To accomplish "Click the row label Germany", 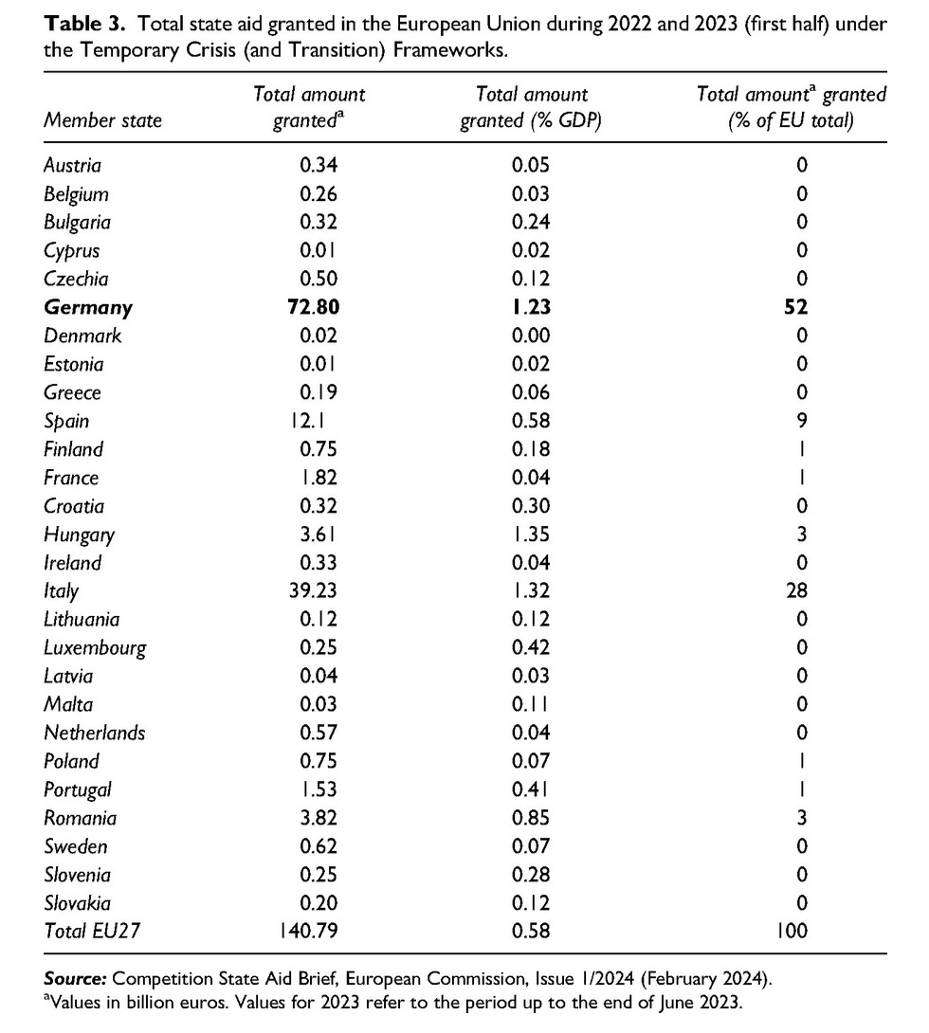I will (88, 307).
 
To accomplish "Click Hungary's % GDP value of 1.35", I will (531, 535).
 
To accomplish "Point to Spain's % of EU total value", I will (802, 421).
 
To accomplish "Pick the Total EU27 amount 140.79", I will (307, 931).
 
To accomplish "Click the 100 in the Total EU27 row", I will (790, 931).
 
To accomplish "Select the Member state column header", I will (102, 120).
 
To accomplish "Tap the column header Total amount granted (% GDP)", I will (531, 107).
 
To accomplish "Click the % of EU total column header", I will (792, 107).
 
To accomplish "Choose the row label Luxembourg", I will (95, 647).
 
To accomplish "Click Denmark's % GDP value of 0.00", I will (531, 335).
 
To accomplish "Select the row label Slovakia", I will (77, 902).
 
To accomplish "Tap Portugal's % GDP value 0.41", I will (531, 789).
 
